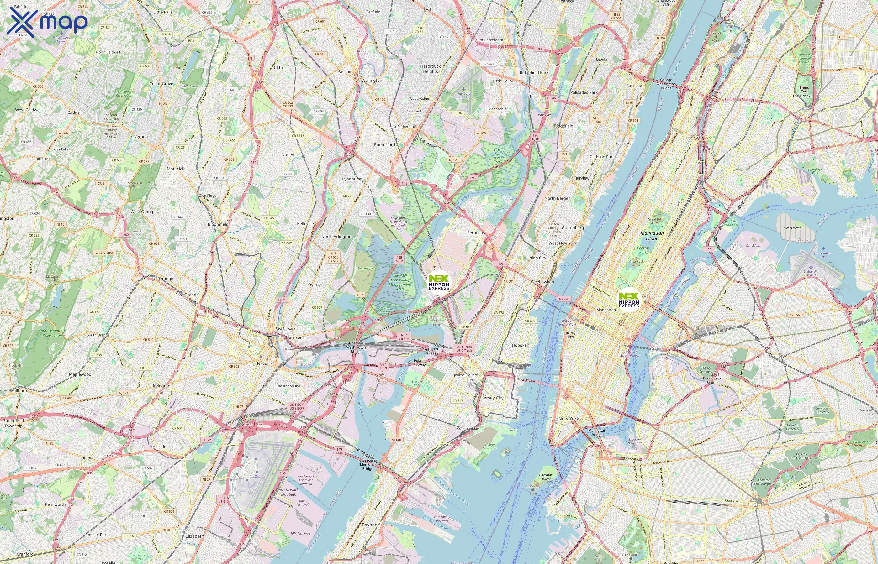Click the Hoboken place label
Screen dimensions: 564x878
520,345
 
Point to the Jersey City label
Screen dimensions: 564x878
493,398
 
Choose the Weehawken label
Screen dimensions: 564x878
542,282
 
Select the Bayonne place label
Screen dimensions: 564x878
371,525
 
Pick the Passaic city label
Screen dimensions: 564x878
344,72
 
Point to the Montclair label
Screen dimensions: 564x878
176,169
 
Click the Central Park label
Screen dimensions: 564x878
643,250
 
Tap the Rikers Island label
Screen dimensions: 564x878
792,228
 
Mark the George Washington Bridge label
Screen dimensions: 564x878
666,84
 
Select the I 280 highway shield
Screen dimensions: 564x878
124,235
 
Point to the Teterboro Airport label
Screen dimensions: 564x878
463,95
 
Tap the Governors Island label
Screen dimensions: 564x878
546,477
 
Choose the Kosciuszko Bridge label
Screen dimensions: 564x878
711,380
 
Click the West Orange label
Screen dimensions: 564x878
143,212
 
